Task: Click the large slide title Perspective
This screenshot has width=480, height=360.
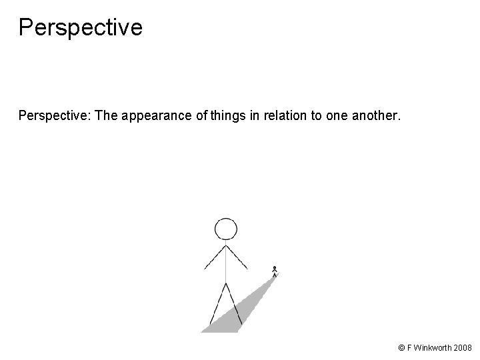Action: [x=80, y=27]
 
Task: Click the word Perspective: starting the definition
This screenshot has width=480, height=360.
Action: [x=55, y=117]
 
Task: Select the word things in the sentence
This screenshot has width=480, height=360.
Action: [x=229, y=117]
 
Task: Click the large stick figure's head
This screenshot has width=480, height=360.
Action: [x=226, y=229]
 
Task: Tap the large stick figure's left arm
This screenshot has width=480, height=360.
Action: [x=215, y=257]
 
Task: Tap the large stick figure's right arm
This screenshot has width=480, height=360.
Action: [x=238, y=257]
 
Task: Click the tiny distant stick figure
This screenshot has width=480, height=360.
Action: [x=275, y=271]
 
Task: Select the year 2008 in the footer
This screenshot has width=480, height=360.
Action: [x=463, y=348]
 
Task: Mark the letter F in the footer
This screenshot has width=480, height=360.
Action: [x=409, y=348]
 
